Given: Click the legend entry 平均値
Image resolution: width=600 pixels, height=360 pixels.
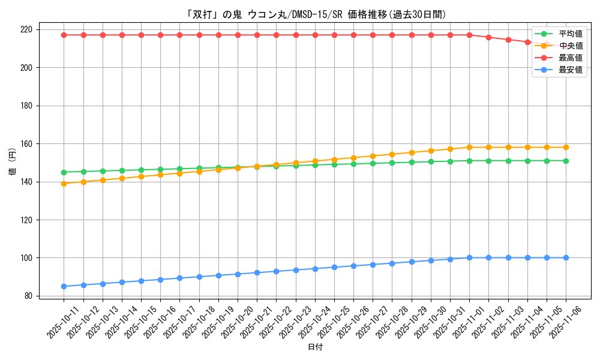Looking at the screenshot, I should (x=570, y=34).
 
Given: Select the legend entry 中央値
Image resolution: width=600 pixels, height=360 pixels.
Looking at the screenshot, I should (x=570, y=46).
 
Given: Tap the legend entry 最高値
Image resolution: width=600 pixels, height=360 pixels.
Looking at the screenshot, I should (x=570, y=58).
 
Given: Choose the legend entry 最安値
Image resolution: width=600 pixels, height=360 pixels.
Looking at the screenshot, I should (x=570, y=70).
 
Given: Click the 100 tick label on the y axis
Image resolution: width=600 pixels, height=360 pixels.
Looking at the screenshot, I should (x=28, y=258).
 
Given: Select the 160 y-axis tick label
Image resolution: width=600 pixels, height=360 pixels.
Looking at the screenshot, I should (x=28, y=144).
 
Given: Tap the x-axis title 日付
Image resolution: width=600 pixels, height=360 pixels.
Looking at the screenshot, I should (x=315, y=347).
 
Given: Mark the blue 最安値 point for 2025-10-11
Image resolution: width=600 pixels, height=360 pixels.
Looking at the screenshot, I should (x=64, y=286).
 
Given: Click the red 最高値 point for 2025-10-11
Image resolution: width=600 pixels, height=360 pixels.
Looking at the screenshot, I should (x=64, y=35).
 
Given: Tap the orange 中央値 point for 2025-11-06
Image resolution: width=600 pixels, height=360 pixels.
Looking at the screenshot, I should (x=566, y=147).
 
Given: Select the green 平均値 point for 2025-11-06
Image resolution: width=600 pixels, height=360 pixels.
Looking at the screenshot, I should (x=566, y=161).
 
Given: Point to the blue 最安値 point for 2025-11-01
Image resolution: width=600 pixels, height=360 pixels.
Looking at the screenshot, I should (x=469, y=258).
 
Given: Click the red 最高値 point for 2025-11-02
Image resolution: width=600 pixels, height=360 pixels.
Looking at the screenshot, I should (x=488, y=37).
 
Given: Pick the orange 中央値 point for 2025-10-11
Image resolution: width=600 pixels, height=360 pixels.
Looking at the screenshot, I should (x=64, y=184).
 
